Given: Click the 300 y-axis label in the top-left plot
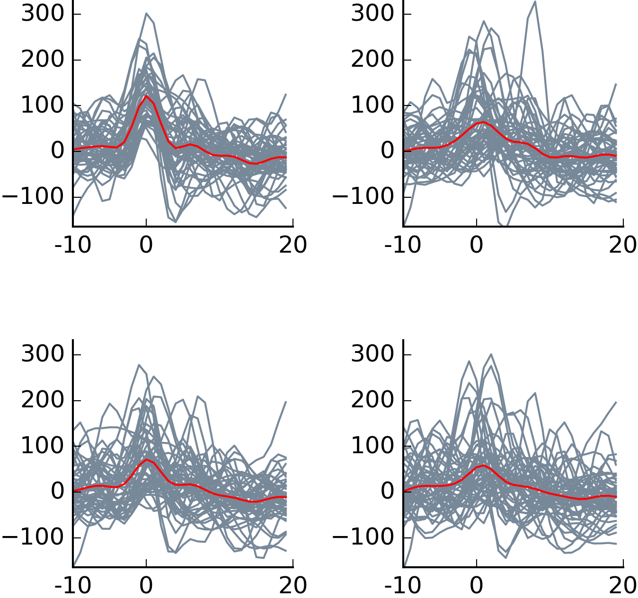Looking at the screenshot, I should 42,14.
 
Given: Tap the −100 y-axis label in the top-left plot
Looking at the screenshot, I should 33,196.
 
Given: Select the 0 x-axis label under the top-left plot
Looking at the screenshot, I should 146,245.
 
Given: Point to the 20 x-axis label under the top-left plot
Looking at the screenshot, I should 293,245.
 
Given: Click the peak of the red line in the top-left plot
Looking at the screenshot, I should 146,96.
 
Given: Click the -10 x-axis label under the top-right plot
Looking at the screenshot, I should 402,245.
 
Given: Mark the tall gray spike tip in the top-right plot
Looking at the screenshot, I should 535,1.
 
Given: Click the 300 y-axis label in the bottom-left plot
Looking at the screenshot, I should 42,354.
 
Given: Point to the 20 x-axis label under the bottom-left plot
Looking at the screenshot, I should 293,586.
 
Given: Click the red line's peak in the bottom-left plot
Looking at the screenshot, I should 147,459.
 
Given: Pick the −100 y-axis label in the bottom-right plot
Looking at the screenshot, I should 363,537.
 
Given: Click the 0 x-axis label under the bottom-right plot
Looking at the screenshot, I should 476,586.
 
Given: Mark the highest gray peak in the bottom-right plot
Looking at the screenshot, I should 491,354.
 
